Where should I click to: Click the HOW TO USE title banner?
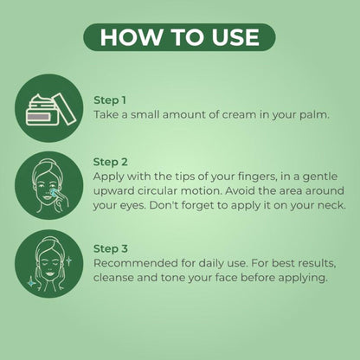point(179,37)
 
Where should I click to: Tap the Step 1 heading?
point(110,100)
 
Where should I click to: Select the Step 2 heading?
point(110,162)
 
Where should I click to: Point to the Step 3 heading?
point(111,248)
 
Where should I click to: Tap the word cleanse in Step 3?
point(113,278)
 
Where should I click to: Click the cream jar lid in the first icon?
point(65,109)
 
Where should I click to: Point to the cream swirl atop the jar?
point(42,100)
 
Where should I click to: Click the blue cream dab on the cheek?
point(54,193)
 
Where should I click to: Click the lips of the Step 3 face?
point(50,273)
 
